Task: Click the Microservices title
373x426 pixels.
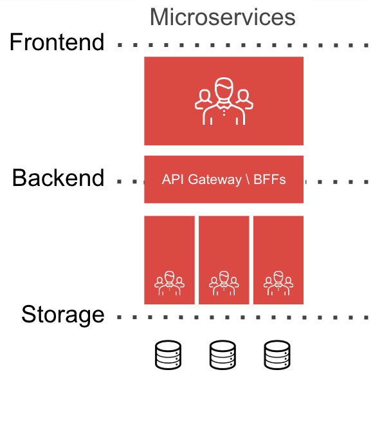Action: point(223,17)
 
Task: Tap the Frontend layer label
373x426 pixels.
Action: point(57,42)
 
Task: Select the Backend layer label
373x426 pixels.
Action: point(58,178)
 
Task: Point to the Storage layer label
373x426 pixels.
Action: point(63,315)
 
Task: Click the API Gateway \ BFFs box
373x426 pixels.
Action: point(224,180)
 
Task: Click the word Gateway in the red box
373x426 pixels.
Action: point(214,180)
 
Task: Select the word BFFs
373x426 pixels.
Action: point(269,180)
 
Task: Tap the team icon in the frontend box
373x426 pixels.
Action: point(224,101)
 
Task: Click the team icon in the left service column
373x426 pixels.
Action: point(169,283)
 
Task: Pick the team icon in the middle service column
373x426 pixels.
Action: point(224,283)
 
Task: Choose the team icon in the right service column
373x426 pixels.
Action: point(278,283)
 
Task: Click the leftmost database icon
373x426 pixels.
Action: point(168,355)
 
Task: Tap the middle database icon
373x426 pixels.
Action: point(223,355)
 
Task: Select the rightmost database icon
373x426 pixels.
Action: point(277,355)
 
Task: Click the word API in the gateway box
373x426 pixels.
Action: point(173,180)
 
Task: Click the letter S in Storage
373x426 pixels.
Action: point(28,314)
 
